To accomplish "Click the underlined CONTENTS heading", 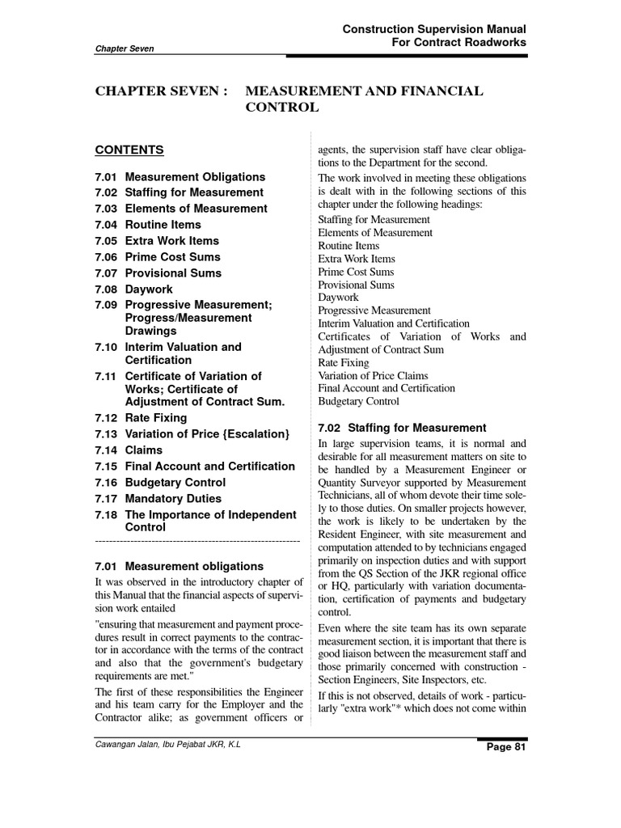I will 129,150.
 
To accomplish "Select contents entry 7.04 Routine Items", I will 148,225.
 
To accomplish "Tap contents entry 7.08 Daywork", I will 133,289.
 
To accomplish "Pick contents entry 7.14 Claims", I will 129,450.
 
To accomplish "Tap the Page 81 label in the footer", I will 505,747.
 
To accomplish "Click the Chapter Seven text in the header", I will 125,49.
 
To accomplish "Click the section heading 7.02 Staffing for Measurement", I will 402,428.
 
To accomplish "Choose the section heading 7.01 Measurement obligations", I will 179,566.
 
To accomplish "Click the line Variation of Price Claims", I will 373,375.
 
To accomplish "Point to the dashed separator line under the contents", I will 197,539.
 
